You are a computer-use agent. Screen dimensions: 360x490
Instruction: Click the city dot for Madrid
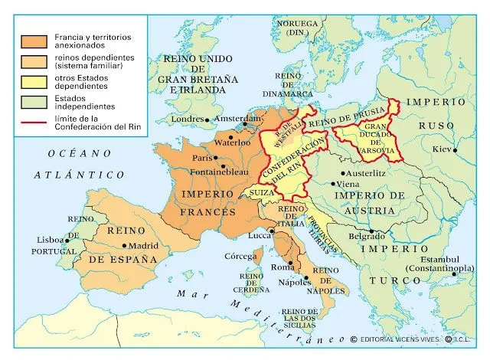[x=124, y=245]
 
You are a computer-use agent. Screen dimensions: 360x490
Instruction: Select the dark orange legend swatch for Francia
[x=32, y=39]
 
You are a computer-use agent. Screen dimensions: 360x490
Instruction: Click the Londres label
[x=188, y=119]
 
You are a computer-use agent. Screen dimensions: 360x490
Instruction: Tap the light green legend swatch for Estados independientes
[x=32, y=101]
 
